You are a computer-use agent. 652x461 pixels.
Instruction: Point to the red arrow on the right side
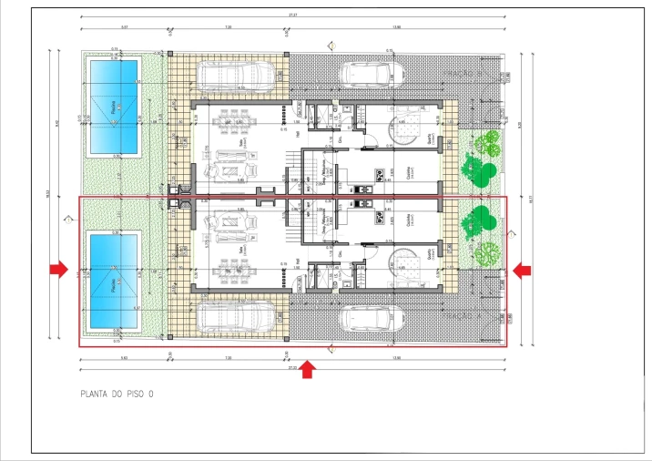[522, 269]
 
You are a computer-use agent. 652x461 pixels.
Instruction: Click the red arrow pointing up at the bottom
[308, 368]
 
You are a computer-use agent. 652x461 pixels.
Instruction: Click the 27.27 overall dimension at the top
[293, 14]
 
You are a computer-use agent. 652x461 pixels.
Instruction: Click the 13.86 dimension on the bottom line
[395, 358]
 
